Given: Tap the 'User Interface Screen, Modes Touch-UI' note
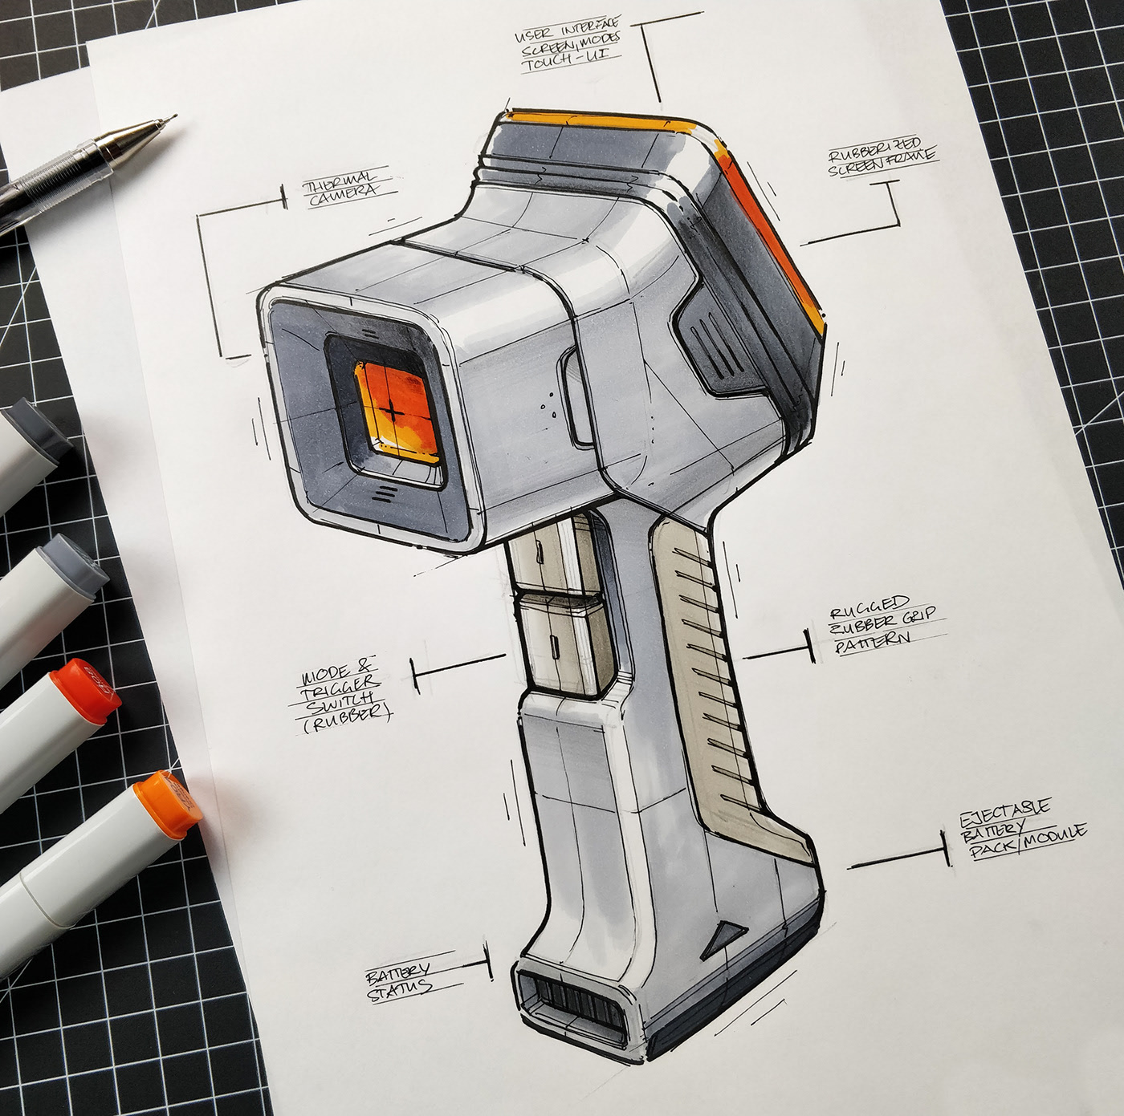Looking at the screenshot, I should (x=568, y=47).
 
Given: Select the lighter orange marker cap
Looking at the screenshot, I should (x=169, y=803).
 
